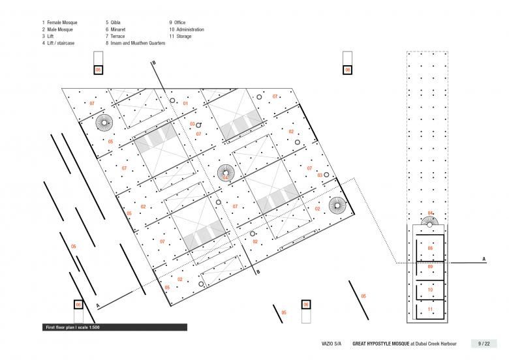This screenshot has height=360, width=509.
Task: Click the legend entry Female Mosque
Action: coord(62,22)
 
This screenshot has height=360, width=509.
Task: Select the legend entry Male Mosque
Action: coord(60,29)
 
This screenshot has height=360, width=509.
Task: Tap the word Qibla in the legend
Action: coord(116,22)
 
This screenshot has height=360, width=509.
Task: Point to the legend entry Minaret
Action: coord(118,29)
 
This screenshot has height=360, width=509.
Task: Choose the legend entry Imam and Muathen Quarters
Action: coord(138,43)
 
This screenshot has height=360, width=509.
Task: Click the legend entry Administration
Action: coord(191,29)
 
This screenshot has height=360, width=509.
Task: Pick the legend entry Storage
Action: coord(184,37)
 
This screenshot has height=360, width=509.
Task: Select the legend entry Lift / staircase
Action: coord(61,43)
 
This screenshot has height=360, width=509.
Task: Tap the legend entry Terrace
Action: coord(117,37)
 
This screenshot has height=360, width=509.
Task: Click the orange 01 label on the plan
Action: coord(185,104)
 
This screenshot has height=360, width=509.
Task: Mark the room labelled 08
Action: coord(430,248)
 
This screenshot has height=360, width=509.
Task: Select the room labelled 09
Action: coord(430,271)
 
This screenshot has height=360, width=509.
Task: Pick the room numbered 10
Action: coord(430,290)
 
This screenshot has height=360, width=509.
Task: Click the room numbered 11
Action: coord(430,309)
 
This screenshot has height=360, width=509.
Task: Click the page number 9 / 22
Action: coord(484,344)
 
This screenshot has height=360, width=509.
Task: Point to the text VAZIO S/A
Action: coord(332,344)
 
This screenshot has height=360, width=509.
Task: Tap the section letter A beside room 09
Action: coord(484,259)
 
